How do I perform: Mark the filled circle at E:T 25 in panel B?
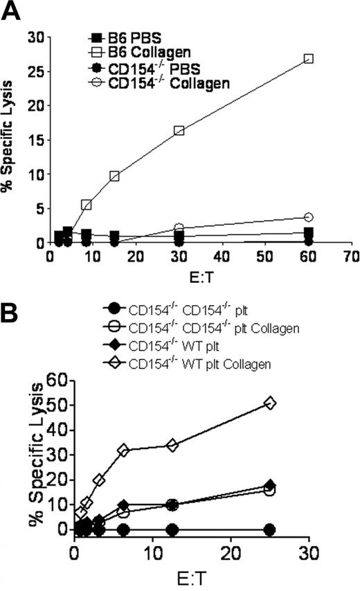pos(270,529)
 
